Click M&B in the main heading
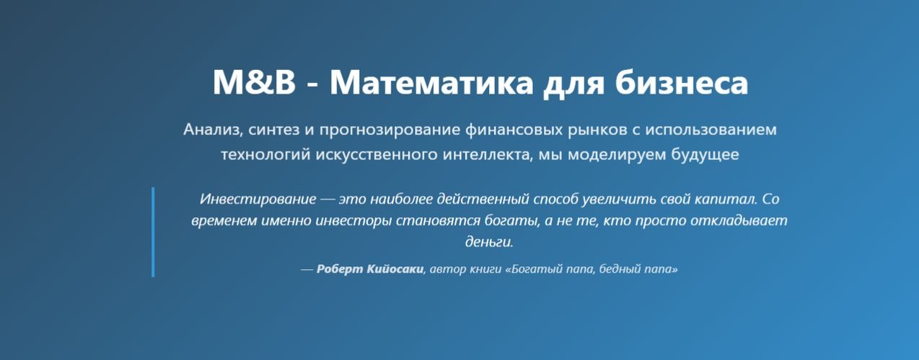(254, 83)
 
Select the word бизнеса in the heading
(682, 83)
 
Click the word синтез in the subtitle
(274, 130)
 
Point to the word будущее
(705, 154)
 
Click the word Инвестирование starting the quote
(258, 199)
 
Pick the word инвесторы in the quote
(354, 220)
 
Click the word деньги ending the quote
(488, 242)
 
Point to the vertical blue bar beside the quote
(153, 232)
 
